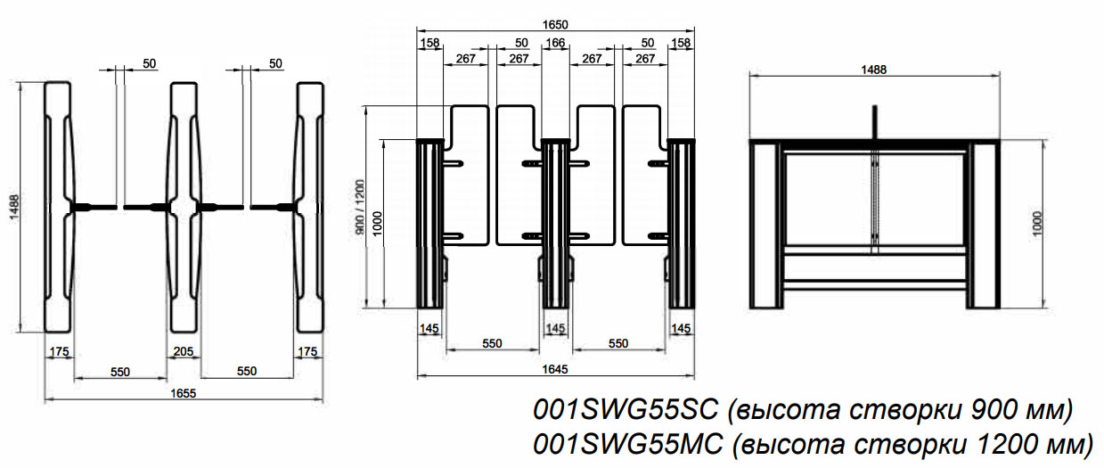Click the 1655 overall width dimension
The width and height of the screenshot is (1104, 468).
pyautogui.click(x=184, y=392)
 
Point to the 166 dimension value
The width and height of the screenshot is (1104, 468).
pyautogui.click(x=555, y=42)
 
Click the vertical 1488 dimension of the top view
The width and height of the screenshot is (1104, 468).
pyautogui.click(x=24, y=206)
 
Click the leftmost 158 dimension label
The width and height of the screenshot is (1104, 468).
pyautogui.click(x=429, y=42)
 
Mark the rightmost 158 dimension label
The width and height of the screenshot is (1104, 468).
pyautogui.click(x=682, y=42)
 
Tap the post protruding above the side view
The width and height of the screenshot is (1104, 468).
pyautogui.click(x=875, y=121)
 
